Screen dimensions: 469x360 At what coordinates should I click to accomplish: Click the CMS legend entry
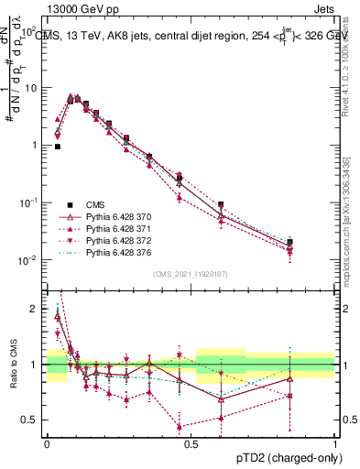[96, 204]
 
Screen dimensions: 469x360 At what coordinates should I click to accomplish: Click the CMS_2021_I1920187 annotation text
[191, 274]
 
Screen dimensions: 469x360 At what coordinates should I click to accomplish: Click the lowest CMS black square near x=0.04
[58, 146]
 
